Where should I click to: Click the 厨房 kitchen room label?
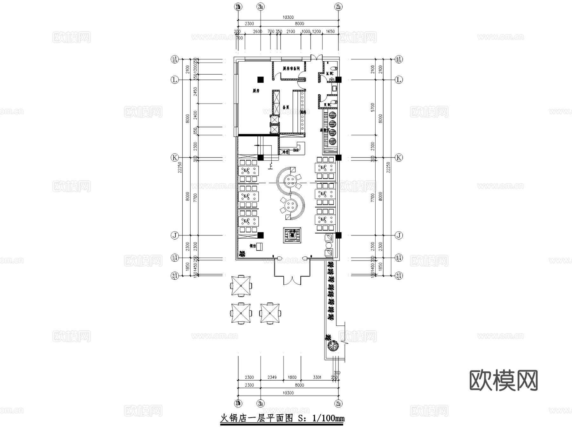pos(256,91)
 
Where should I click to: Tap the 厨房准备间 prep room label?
pos(291,68)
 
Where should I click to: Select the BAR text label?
pos(296,150)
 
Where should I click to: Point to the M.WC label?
pos(330,74)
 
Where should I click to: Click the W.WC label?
pos(327,105)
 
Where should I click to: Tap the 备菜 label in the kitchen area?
pos(286,107)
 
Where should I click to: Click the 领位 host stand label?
pos(253,246)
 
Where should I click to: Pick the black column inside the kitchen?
pos(260,79)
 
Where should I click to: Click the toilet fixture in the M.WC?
pos(333,68)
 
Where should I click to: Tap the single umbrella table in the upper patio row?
pos(241,285)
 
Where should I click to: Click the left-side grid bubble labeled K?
pos(174,158)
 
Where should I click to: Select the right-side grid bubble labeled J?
pos(398,235)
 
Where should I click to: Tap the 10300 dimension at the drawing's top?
pos(288,17)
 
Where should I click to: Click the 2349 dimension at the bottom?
pos(272,377)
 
